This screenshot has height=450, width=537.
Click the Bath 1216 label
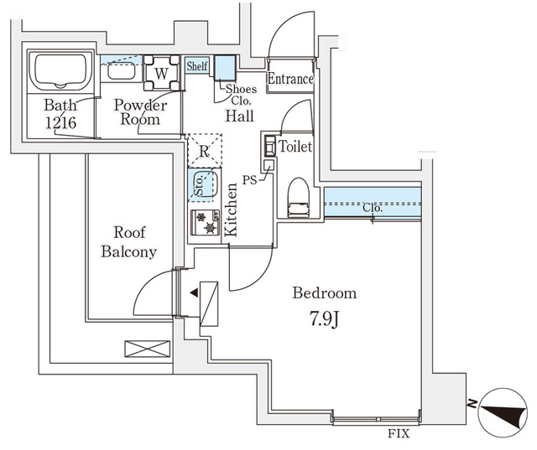pos(60,114)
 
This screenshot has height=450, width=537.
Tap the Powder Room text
pos(140,113)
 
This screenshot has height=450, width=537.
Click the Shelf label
pos(197,66)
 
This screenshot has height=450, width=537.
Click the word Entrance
pos(290,80)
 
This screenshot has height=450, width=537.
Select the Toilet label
pos(295,147)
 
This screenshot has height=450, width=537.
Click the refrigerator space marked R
pos(204,152)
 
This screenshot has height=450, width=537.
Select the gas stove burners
pos(206,222)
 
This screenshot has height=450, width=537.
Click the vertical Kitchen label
pos(232,212)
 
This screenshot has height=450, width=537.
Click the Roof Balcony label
pos(129,243)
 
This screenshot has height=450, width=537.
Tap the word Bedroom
pos(324,293)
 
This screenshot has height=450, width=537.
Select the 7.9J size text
pos(323,318)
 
